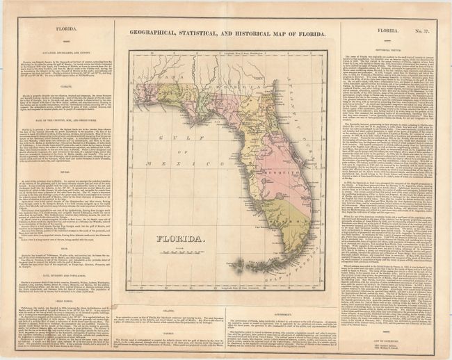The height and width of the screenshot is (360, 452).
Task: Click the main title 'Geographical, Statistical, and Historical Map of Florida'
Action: (x=226, y=32)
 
